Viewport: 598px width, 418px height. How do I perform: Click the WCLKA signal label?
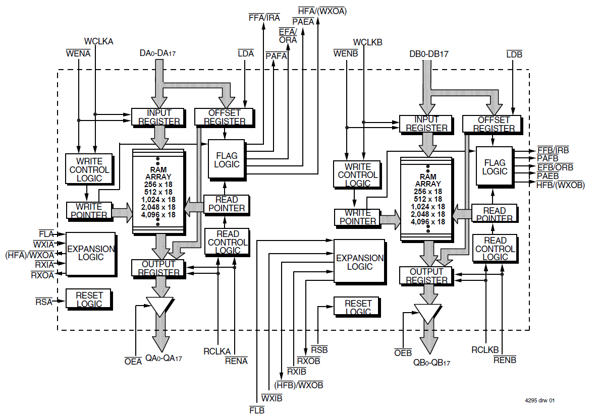click(99, 42)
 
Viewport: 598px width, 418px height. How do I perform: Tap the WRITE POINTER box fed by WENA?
click(88, 211)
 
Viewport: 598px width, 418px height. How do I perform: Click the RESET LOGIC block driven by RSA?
click(88, 300)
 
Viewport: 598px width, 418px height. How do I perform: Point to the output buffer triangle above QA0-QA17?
click(159, 306)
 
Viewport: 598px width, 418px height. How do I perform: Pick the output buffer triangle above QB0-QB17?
click(427, 313)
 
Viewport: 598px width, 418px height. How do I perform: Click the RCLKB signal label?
click(485, 350)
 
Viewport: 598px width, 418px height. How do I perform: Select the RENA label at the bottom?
click(236, 361)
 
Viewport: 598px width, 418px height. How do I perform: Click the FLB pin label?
click(257, 410)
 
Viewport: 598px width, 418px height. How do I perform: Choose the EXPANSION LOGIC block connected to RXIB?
click(359, 262)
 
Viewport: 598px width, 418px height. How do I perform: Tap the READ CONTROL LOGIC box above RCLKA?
click(227, 242)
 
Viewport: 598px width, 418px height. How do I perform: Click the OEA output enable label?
click(133, 361)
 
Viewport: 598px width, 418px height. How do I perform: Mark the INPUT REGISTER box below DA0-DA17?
click(159, 117)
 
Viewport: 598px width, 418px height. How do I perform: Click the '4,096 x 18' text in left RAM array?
click(158, 215)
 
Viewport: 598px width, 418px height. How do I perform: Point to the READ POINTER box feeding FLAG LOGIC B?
click(494, 214)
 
